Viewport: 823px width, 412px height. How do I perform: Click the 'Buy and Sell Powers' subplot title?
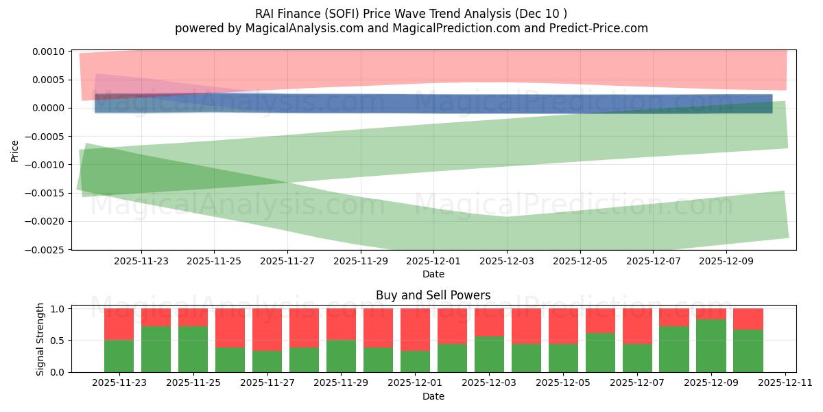tap(433, 295)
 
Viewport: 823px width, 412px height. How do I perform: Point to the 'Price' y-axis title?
tap(14, 150)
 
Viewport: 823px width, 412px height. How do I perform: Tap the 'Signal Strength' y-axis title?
tap(40, 339)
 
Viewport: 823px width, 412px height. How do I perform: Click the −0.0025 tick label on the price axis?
tap(47, 249)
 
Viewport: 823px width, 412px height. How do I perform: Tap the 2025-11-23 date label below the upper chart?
tap(141, 261)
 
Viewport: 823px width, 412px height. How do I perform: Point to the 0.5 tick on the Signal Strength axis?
tap(58, 341)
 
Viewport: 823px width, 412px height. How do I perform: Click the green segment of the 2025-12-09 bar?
tap(711, 345)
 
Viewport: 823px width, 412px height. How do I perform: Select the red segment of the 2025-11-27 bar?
tap(267, 330)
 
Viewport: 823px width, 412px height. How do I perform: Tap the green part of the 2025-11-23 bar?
tap(119, 356)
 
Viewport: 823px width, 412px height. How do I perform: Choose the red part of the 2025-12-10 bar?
tap(748, 319)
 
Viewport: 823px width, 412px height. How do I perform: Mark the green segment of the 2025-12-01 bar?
tap(415, 361)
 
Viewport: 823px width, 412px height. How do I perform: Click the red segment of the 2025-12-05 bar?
tap(563, 326)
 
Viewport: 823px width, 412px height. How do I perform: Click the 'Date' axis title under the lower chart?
tap(433, 396)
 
